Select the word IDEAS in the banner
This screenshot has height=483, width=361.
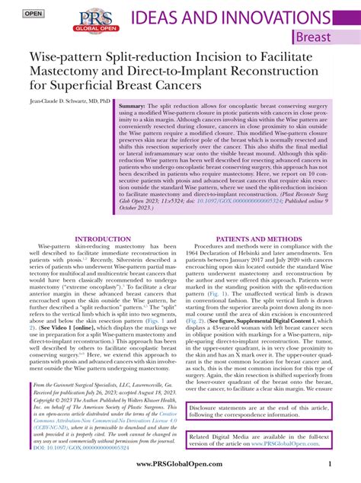[157, 19]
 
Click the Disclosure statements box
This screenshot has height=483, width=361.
[259, 410]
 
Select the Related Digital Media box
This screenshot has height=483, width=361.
[259, 440]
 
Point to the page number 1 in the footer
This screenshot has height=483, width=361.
[328, 465]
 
